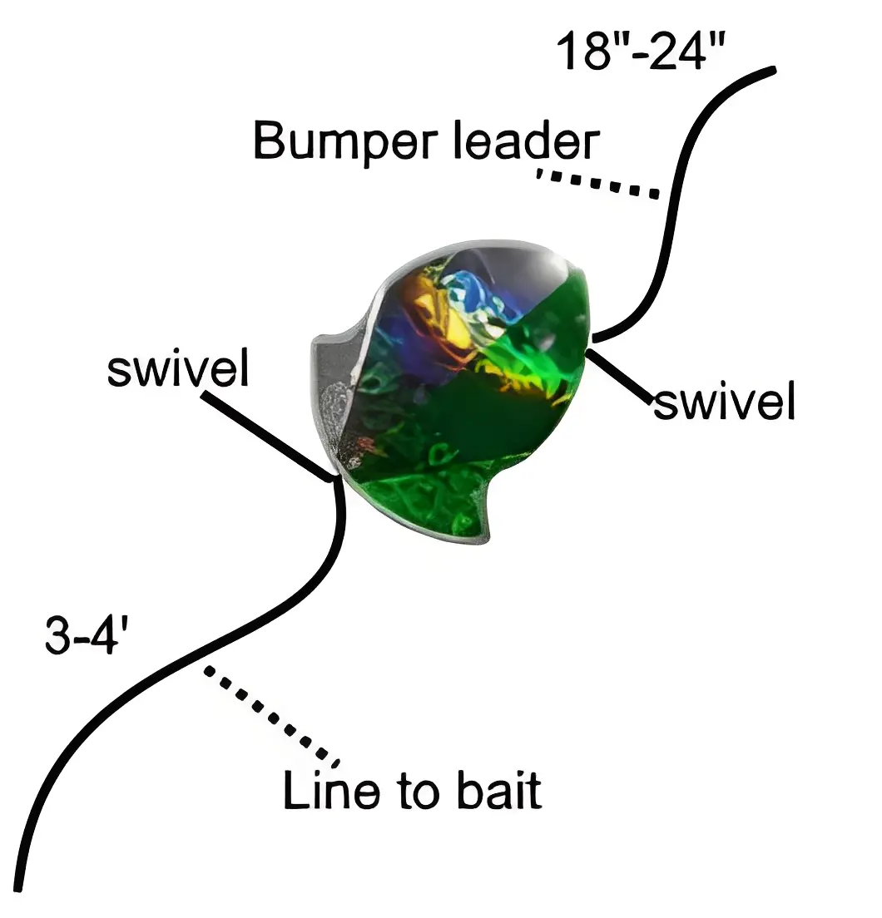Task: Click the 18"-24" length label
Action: [641, 52]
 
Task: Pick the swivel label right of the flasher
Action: [724, 402]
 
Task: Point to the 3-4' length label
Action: [86, 639]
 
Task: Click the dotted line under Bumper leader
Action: [597, 184]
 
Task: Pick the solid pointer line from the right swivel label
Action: [620, 375]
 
